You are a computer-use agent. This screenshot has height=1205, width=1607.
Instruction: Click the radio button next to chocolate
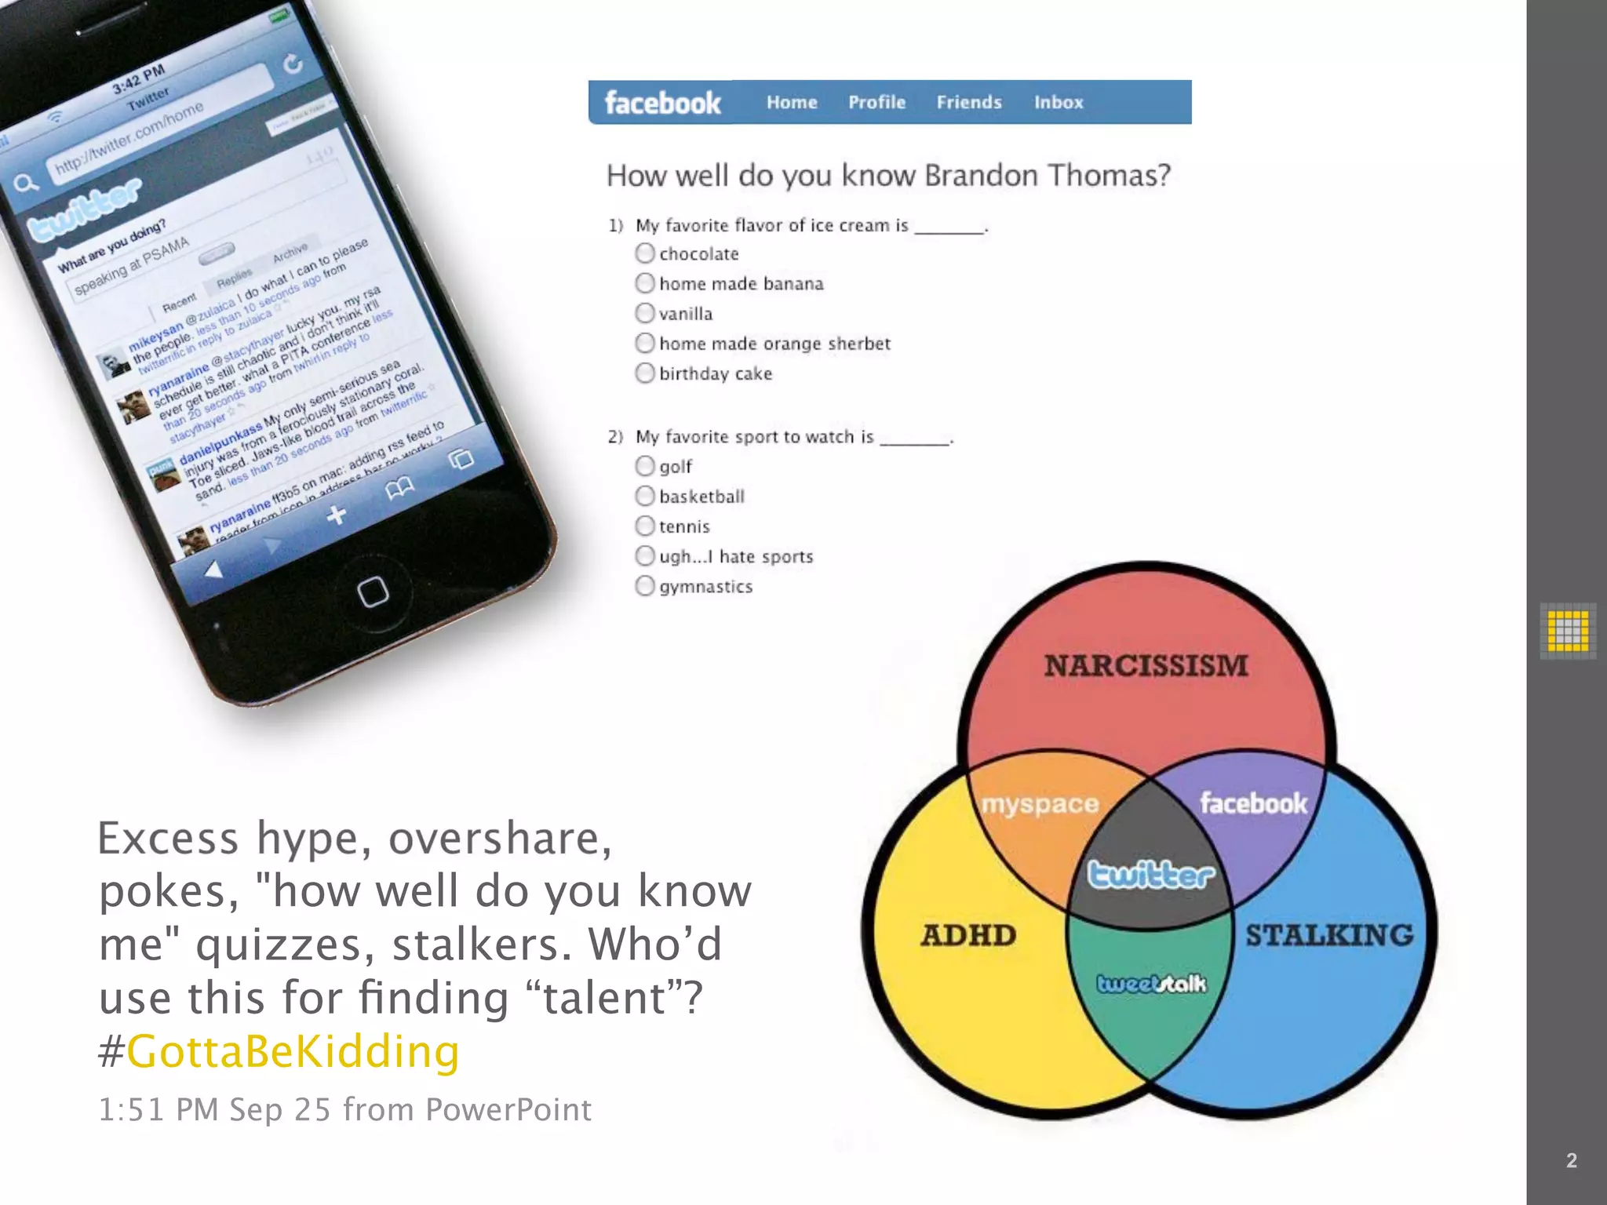[x=645, y=253]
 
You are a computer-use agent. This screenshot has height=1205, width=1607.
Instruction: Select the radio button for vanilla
[x=645, y=313]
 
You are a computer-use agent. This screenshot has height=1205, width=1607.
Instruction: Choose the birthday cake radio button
[x=645, y=373]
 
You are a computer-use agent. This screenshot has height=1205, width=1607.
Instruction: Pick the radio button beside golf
[x=645, y=466]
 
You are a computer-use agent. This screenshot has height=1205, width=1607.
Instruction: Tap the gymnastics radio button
[x=645, y=586]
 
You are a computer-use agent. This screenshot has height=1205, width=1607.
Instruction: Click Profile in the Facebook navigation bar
[x=876, y=102]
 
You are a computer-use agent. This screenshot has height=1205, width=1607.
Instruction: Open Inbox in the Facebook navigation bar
[x=1058, y=102]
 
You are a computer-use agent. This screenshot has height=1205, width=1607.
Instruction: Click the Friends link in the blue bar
[x=969, y=102]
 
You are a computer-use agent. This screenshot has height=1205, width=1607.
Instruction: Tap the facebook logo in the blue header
[x=662, y=103]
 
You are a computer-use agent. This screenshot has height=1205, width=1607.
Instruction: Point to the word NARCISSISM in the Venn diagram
[x=1146, y=666]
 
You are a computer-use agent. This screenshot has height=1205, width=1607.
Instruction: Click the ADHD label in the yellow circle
[x=968, y=935]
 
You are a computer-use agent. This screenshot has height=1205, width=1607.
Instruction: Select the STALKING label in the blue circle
[x=1329, y=935]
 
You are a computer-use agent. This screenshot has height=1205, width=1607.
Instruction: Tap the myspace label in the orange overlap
[x=1040, y=804]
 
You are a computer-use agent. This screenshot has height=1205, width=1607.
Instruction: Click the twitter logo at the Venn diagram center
[x=1150, y=875]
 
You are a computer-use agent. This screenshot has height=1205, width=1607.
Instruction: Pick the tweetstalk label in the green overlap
[x=1151, y=984]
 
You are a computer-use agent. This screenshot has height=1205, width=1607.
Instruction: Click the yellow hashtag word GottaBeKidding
[x=293, y=1051]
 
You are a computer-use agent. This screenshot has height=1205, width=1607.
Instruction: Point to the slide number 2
[x=1571, y=1160]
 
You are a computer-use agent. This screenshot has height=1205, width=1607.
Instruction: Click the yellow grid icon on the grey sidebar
[x=1568, y=631]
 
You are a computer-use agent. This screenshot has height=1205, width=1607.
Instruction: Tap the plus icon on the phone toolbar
[x=337, y=515]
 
